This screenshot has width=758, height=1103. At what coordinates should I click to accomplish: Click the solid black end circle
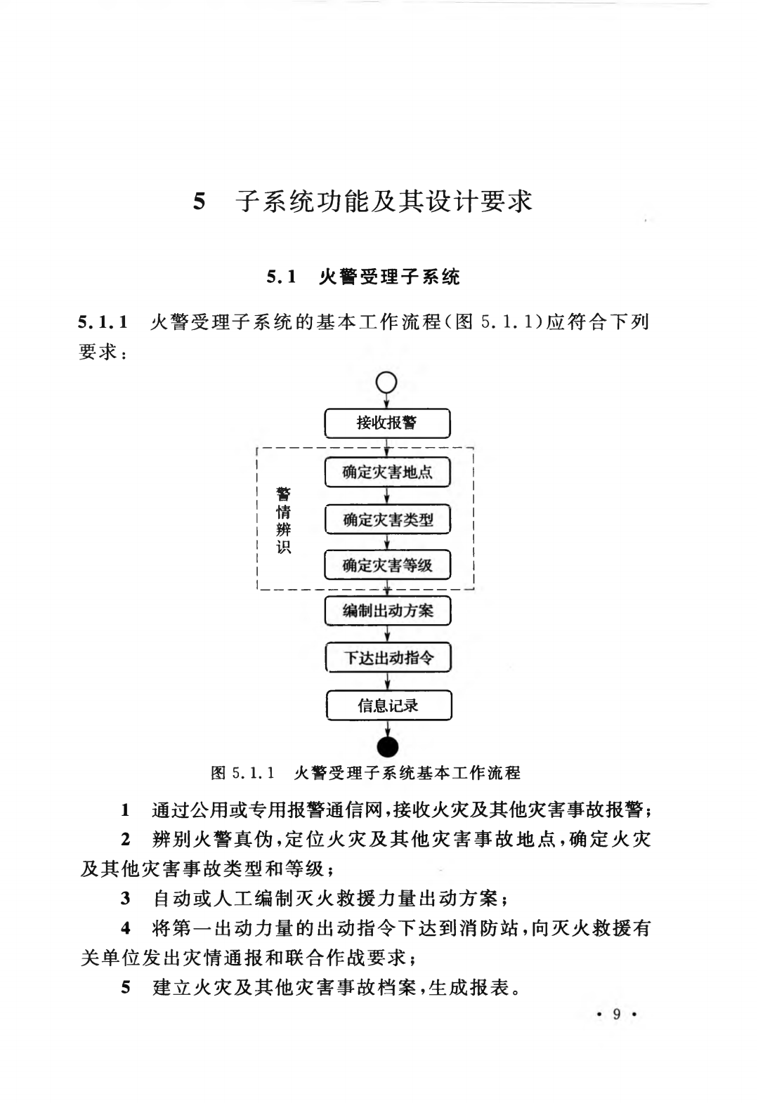tap(388, 747)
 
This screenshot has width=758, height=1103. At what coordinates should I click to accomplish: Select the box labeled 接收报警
tap(387, 423)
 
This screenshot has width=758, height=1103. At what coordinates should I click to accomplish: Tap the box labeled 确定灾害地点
tap(387, 472)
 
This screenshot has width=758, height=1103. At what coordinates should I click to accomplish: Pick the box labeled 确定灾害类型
tap(387, 520)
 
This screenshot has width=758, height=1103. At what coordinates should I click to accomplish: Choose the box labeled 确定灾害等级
tap(387, 565)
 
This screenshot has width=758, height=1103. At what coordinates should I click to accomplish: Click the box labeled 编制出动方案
tap(387, 611)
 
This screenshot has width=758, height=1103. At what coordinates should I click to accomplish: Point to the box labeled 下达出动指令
tap(388, 658)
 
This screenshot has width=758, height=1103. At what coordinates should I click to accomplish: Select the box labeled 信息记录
tap(388, 706)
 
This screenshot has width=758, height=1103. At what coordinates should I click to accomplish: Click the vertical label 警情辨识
tap(283, 520)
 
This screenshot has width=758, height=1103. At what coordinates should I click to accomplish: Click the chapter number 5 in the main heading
tap(200, 202)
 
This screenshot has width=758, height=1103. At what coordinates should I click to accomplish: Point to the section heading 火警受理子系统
tap(389, 277)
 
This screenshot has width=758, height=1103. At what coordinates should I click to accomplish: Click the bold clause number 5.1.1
tap(103, 323)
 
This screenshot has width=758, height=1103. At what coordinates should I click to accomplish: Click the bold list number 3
tap(126, 899)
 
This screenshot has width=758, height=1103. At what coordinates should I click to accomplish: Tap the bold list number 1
tap(126, 810)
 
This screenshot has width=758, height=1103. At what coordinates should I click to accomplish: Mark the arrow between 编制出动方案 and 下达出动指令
tap(388, 634)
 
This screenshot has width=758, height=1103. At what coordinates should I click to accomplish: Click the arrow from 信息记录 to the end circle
tap(388, 728)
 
